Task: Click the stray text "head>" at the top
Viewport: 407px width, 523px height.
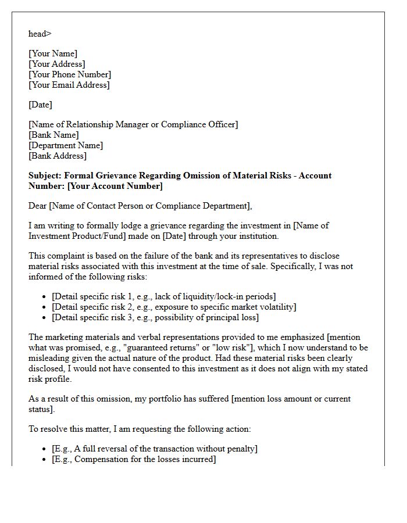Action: click(40, 34)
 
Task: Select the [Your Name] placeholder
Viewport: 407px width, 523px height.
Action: click(53, 53)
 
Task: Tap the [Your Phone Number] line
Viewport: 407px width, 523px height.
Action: click(70, 74)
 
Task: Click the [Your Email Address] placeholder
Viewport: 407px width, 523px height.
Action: click(69, 85)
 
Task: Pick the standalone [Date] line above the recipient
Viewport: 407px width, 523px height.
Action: click(40, 105)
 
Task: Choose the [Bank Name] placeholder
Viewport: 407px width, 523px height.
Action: click(53, 135)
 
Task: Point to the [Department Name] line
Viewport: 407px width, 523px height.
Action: click(66, 145)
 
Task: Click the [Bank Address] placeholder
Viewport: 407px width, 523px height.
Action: click(58, 156)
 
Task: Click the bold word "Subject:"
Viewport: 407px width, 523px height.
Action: click(45, 175)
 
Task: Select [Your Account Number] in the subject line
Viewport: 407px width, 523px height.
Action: click(115, 186)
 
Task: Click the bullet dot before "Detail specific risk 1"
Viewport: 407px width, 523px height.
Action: click(45, 297)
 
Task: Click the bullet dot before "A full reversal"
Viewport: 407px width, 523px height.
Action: click(45, 449)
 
